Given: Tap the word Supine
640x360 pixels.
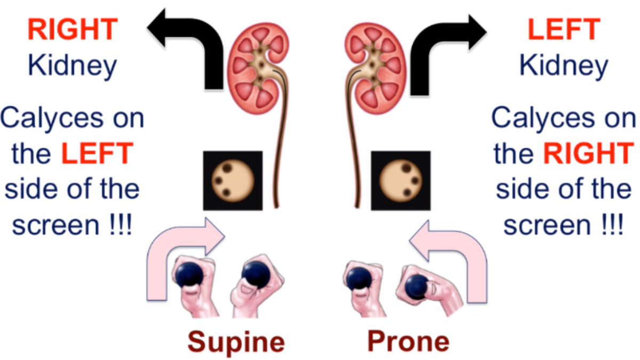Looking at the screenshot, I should coord(236,341).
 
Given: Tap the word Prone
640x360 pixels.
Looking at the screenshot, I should coord(407,341).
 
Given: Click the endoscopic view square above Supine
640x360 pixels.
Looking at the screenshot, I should coord(233,180).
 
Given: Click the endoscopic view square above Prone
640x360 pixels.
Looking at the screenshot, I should coord(401,180).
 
